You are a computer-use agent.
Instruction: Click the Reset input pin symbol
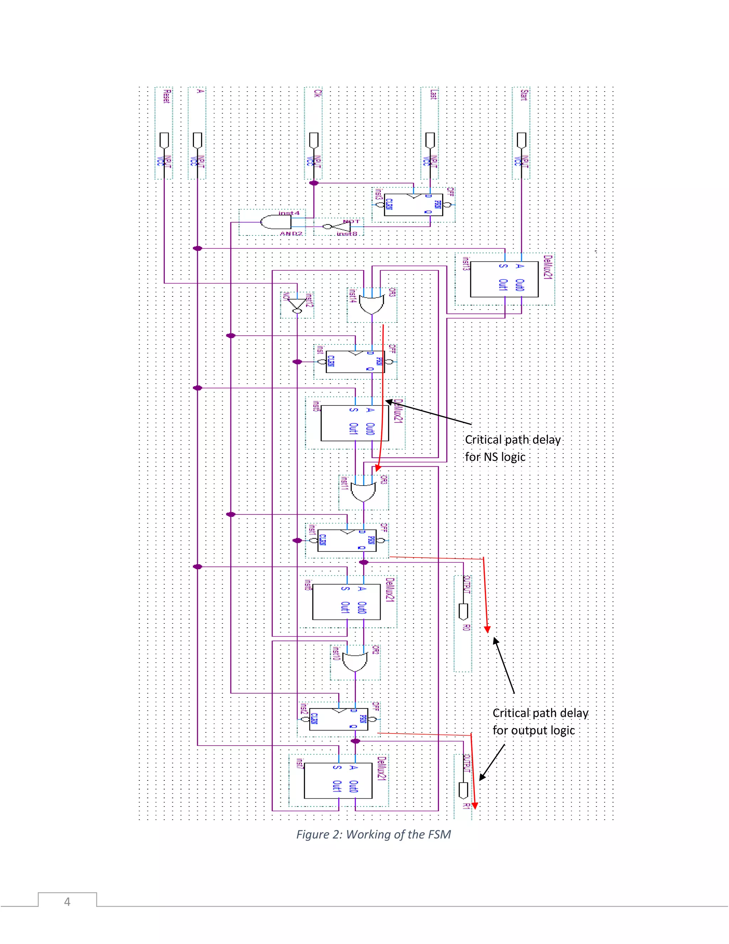pyautogui.click(x=164, y=140)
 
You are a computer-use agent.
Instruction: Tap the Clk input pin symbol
pyautogui.click(x=314, y=140)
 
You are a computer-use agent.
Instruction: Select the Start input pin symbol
pyautogui.click(x=522, y=140)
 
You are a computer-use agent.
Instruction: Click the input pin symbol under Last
pyautogui.click(x=430, y=140)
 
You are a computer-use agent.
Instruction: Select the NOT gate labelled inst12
pyautogui.click(x=298, y=304)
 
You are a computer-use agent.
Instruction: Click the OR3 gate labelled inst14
pyautogui.click(x=372, y=305)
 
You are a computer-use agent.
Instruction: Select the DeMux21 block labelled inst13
pyautogui.click(x=504, y=279)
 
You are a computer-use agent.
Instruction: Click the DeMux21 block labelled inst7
pyautogui.click(x=338, y=780)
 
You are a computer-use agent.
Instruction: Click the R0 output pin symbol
pyautogui.click(x=463, y=611)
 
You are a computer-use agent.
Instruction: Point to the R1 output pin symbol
pyautogui.click(x=463, y=790)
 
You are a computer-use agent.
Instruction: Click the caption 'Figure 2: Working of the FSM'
pyautogui.click(x=373, y=834)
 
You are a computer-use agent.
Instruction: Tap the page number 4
pyautogui.click(x=67, y=902)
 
